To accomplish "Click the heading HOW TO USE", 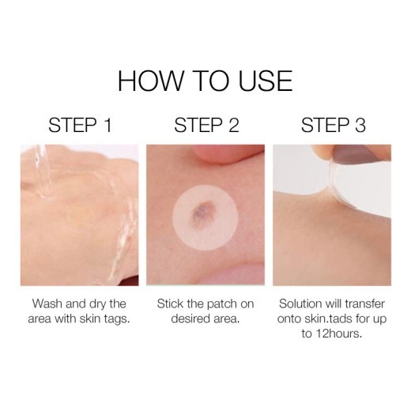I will tap(205, 81).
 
